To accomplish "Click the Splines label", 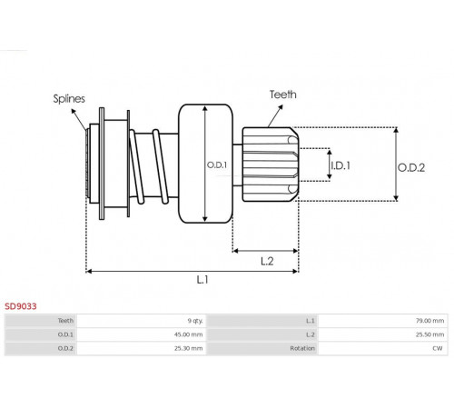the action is click(69, 99).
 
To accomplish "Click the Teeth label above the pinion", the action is click(283, 95).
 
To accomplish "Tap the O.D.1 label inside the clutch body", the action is click(217, 165).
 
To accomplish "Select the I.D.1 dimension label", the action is click(340, 165).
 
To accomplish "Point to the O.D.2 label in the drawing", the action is click(411, 167).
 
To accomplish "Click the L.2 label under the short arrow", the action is click(267, 261).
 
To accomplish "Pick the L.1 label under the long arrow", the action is click(202, 279).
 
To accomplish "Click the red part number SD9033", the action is click(21, 306).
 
